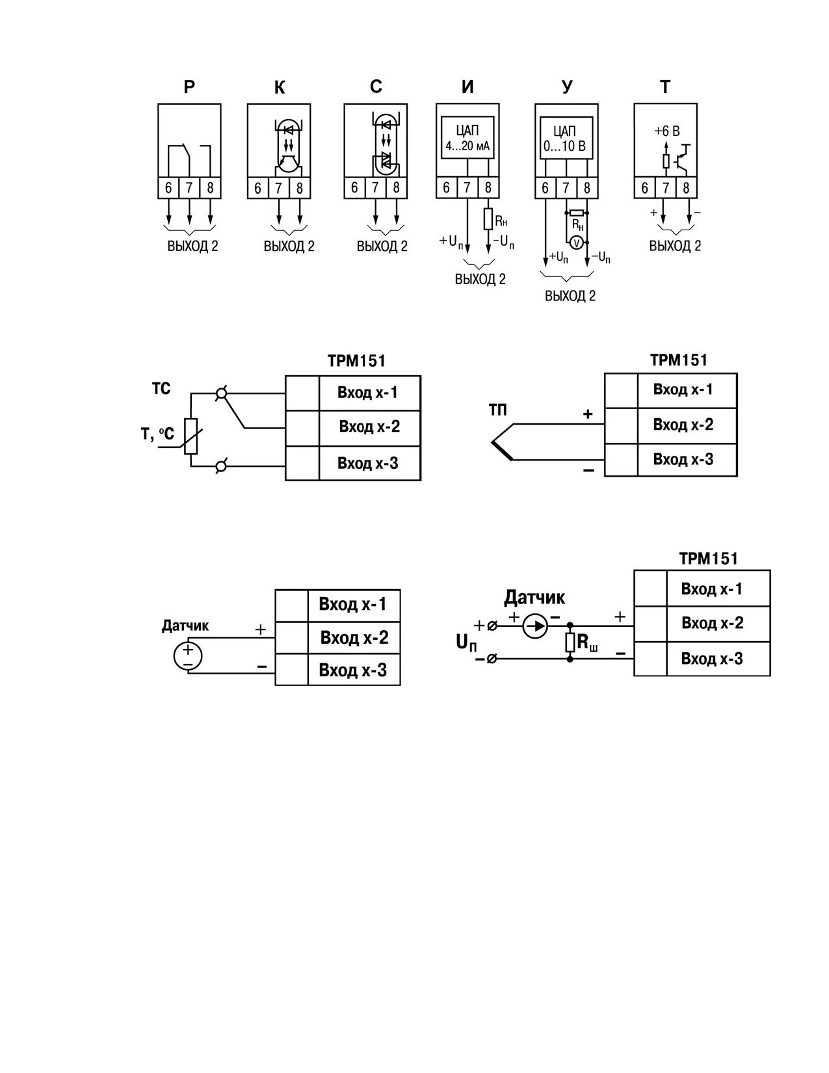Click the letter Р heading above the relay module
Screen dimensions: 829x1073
(x=189, y=87)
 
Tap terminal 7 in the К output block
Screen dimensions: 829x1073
(x=279, y=188)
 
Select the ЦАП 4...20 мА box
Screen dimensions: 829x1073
(x=467, y=138)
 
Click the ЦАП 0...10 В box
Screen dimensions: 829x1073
(x=566, y=138)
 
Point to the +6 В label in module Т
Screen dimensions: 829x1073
(x=666, y=131)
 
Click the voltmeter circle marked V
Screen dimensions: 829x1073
(x=575, y=242)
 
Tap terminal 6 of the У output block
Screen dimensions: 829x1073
(x=545, y=188)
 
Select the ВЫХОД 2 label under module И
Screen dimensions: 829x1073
(x=480, y=279)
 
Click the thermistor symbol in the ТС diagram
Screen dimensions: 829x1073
(x=191, y=436)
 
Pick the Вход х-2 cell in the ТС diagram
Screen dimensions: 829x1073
(x=370, y=427)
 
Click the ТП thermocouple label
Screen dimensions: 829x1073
(x=497, y=410)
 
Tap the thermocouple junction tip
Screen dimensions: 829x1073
(x=492, y=442)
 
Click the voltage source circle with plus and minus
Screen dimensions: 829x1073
(x=188, y=656)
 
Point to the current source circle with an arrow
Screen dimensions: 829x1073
(x=534, y=626)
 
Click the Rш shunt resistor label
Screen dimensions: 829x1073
(x=588, y=643)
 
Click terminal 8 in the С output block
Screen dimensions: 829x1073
(x=397, y=188)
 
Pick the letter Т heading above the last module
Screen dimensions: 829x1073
(x=665, y=87)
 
